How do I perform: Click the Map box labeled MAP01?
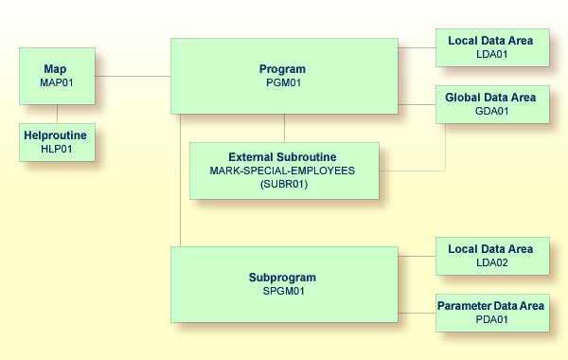(x=56, y=76)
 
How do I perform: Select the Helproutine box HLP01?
(x=56, y=142)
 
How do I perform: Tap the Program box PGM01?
(x=283, y=76)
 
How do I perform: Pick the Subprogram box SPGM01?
(x=283, y=284)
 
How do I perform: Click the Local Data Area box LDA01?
(x=491, y=47)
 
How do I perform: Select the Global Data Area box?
(x=491, y=104)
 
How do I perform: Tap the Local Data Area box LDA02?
(x=491, y=256)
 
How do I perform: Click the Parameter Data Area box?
(x=491, y=313)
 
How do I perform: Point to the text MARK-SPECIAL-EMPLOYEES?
(x=283, y=171)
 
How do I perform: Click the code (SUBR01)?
(x=283, y=184)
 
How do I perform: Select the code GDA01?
(x=491, y=111)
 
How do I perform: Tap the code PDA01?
(x=491, y=319)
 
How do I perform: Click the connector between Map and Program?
(x=132, y=76)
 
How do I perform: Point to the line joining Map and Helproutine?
(x=57, y=114)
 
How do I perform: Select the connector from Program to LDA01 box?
(x=416, y=47)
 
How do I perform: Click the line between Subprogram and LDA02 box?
(x=416, y=256)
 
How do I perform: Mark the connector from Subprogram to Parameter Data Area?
(x=416, y=313)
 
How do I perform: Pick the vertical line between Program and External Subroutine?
(x=284, y=128)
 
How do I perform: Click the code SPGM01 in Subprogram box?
(x=283, y=291)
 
